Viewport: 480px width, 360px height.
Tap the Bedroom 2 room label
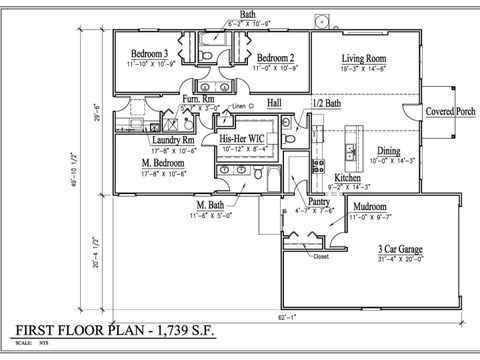pos(273,57)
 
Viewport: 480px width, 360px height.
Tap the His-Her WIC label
pos(243,139)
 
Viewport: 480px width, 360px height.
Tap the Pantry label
pos(319,201)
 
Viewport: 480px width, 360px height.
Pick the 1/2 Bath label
pos(328,103)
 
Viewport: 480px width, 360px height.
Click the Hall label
pos(274,102)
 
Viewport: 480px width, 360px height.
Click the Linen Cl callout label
pos(246,106)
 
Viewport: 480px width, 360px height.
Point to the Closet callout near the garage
pos(320,256)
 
